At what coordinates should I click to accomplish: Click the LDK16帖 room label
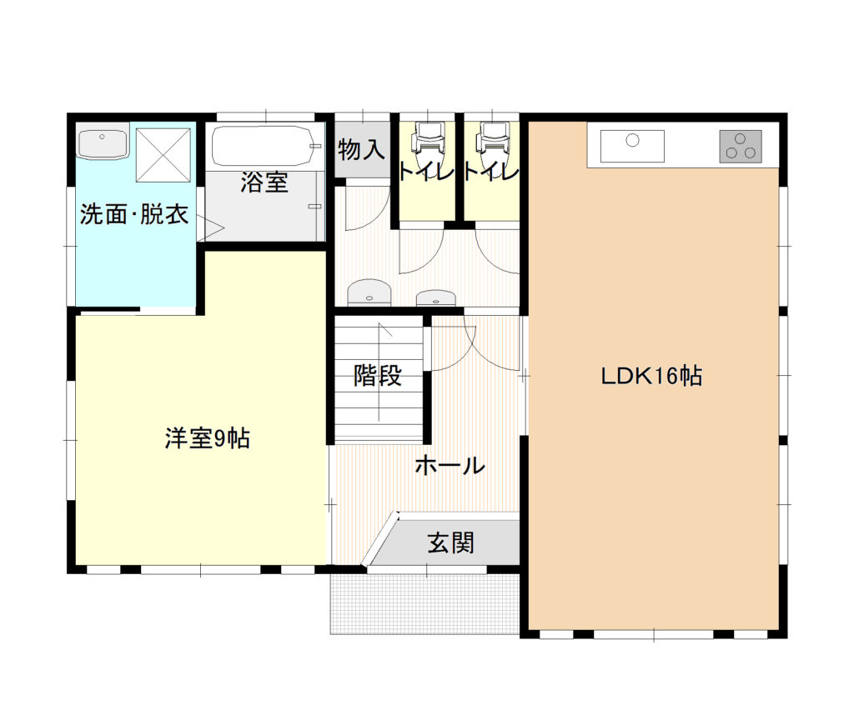pyautogui.click(x=651, y=376)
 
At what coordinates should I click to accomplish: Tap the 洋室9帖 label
pyautogui.click(x=208, y=438)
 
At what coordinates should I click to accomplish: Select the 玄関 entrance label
pyautogui.click(x=450, y=542)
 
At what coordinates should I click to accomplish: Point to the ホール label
pyautogui.click(x=450, y=466)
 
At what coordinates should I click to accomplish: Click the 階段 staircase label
pyautogui.click(x=378, y=375)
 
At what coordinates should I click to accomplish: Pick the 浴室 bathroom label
pyautogui.click(x=264, y=182)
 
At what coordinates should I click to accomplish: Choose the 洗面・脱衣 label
pyautogui.click(x=134, y=214)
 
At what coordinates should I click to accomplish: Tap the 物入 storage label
pyautogui.click(x=361, y=149)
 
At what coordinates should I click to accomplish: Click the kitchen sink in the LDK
pyautogui.click(x=632, y=146)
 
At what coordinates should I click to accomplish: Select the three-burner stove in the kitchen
pyautogui.click(x=741, y=146)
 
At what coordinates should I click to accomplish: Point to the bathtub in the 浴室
pyautogui.click(x=263, y=146)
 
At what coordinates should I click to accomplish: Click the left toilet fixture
pyautogui.click(x=429, y=140)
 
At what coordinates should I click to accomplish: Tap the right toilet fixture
pyautogui.click(x=492, y=140)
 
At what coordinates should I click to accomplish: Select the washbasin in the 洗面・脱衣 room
pyautogui.click(x=103, y=143)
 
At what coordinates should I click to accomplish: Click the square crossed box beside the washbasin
pyautogui.click(x=163, y=155)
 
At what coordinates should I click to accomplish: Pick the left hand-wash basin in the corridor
pyautogui.click(x=369, y=292)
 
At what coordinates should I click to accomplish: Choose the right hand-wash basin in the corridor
pyautogui.click(x=435, y=297)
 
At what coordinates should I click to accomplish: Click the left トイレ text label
pyautogui.click(x=427, y=172)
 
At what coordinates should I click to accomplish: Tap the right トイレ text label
pyautogui.click(x=491, y=172)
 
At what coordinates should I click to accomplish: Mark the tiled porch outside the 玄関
pyautogui.click(x=424, y=603)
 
